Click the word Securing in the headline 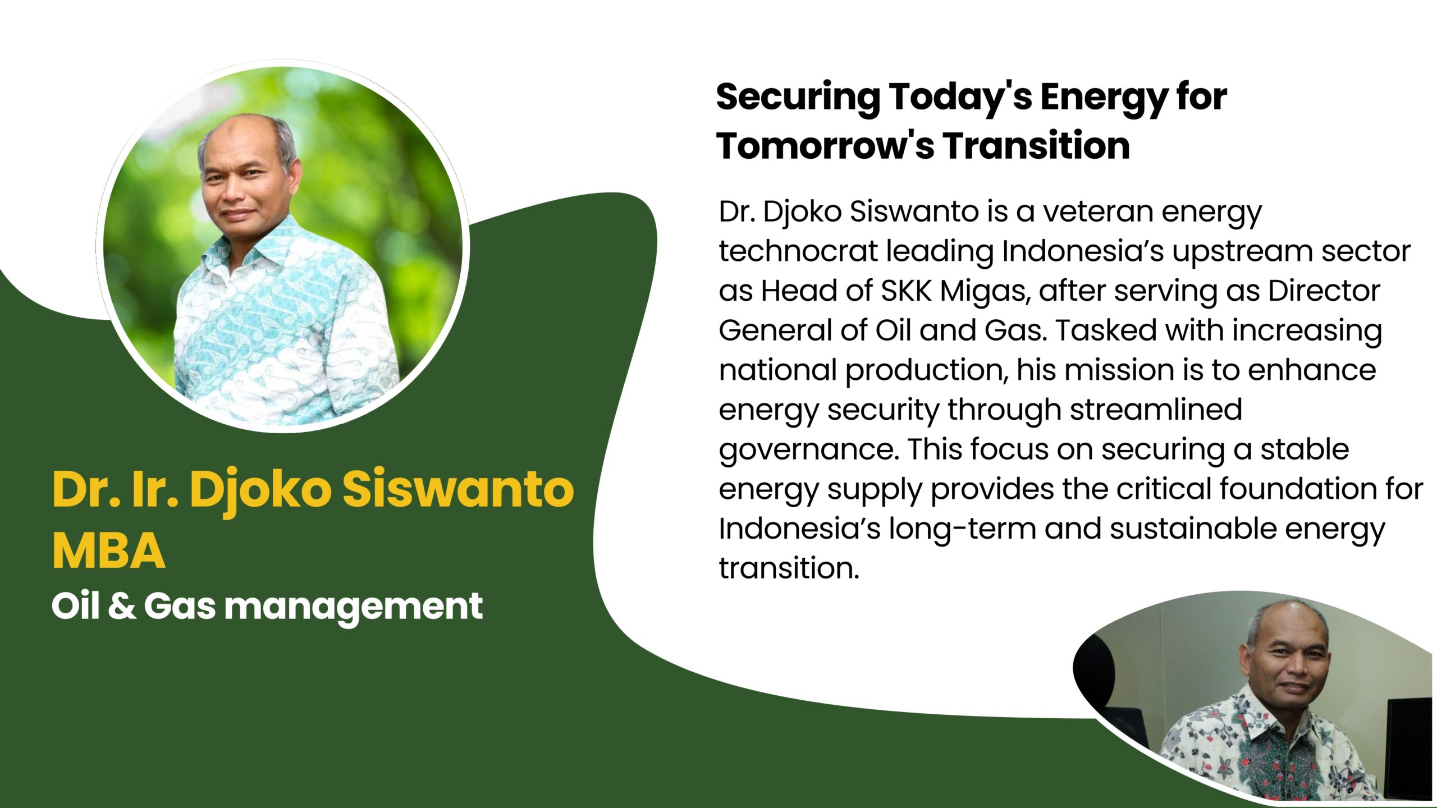pyautogui.click(x=798, y=98)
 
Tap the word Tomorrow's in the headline pyautogui.click(x=825, y=146)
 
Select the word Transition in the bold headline pyautogui.click(x=1036, y=146)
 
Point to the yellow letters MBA pyautogui.click(x=109, y=551)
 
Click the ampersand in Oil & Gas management pyautogui.click(x=122, y=606)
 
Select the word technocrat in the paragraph pyautogui.click(x=798, y=251)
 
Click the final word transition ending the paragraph pyautogui.click(x=789, y=568)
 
